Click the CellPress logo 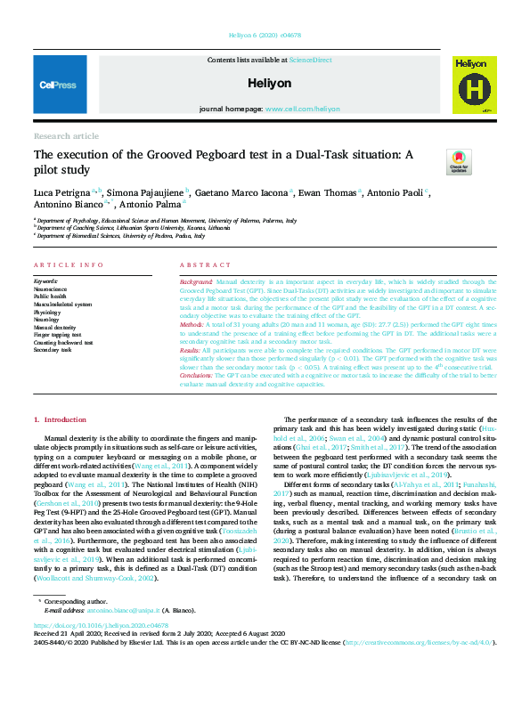click(x=60, y=85)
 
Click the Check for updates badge click(x=460, y=162)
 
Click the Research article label click(x=66, y=135)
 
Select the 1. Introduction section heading click(x=60, y=419)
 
